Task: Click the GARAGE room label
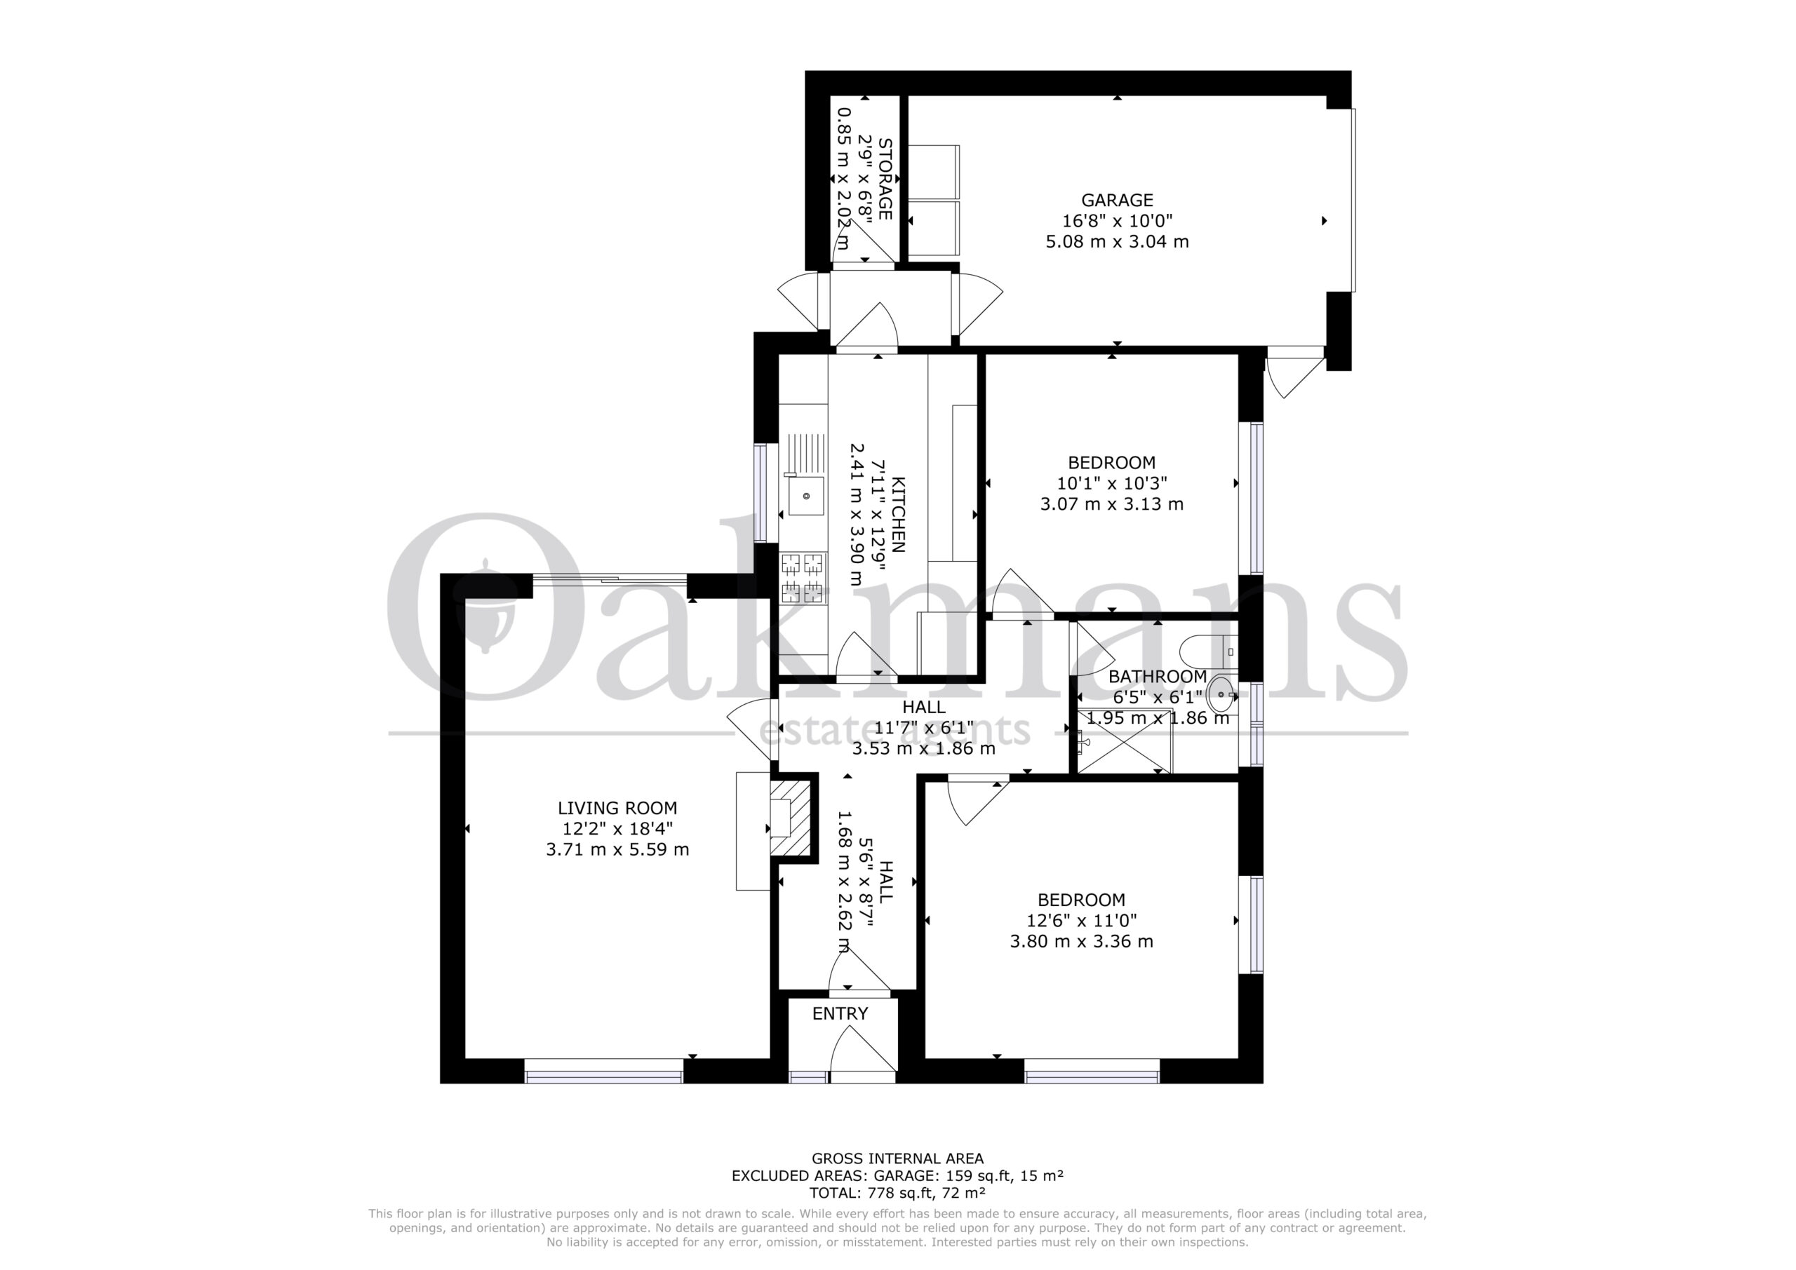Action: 1117,200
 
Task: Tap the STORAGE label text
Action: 885,179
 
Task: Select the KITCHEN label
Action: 898,515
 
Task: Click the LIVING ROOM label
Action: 617,808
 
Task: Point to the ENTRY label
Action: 840,1013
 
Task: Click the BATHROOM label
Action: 1158,677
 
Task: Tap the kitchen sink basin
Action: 805,496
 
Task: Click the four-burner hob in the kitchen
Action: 803,576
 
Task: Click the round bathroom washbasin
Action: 1221,693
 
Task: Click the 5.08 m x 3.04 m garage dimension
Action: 1117,242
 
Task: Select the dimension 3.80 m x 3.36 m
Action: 1081,942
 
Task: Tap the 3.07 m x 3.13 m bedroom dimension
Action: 1111,504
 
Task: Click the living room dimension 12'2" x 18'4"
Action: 617,829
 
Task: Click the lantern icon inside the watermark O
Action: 485,605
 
